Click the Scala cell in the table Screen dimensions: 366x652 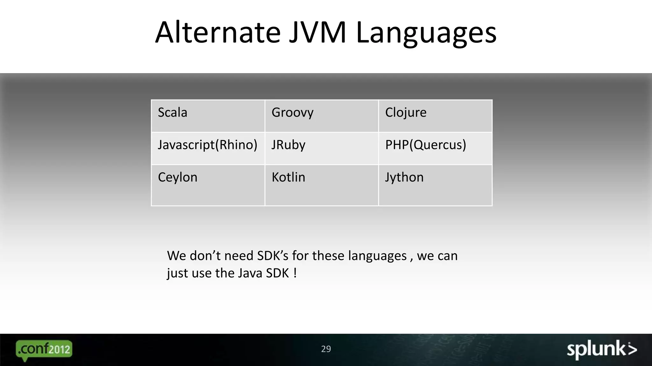(208, 116)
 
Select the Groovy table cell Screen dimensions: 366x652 (322, 116)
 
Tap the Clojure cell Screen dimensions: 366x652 (435, 116)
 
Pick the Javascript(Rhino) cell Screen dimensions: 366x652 (208, 148)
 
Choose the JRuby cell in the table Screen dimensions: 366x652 (322, 148)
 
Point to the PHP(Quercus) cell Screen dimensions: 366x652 (435, 148)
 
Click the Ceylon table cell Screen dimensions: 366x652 (208, 185)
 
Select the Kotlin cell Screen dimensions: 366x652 (322, 185)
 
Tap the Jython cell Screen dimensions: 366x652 (435, 185)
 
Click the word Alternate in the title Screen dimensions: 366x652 (218, 32)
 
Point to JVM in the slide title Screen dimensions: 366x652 (317, 32)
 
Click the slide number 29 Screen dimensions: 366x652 (326, 349)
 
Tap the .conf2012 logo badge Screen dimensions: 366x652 (44, 350)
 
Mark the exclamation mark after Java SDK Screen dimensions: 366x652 (295, 273)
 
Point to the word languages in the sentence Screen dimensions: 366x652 (377, 256)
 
